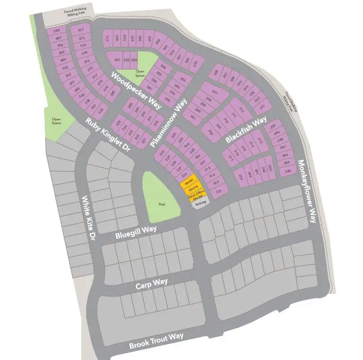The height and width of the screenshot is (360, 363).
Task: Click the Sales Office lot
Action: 196,195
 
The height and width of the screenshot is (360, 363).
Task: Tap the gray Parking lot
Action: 200,203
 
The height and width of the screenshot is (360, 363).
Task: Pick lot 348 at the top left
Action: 57,31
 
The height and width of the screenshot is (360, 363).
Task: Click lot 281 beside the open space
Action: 118,60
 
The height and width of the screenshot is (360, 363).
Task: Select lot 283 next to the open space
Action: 134,60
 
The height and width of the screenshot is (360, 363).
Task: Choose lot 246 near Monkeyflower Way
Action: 288,171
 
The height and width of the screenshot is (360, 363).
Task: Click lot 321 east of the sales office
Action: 218,191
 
